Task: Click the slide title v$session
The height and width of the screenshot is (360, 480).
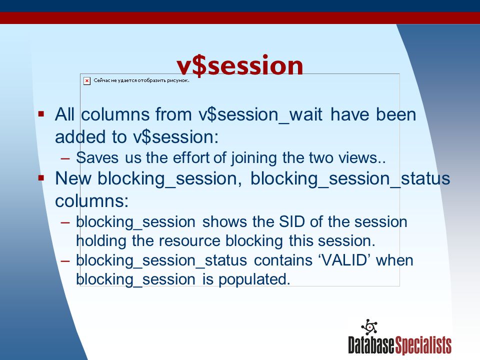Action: [239, 65]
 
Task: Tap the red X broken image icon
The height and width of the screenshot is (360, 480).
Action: [87, 81]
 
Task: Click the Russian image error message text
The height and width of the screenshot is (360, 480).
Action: [141, 80]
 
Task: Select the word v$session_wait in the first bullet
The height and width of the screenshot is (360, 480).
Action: [260, 114]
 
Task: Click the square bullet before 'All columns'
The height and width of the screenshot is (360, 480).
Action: [41, 114]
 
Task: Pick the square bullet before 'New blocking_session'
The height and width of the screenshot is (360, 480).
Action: [41, 178]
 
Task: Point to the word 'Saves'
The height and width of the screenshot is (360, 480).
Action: [97, 158]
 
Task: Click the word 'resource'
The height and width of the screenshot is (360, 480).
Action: [189, 241]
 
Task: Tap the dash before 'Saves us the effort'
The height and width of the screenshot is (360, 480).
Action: [65, 158]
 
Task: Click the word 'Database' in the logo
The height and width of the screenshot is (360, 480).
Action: [371, 345]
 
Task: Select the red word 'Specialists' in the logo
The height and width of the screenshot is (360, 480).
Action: [423, 345]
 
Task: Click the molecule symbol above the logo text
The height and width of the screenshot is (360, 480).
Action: [369, 327]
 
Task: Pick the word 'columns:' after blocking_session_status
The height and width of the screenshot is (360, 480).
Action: [92, 201]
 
